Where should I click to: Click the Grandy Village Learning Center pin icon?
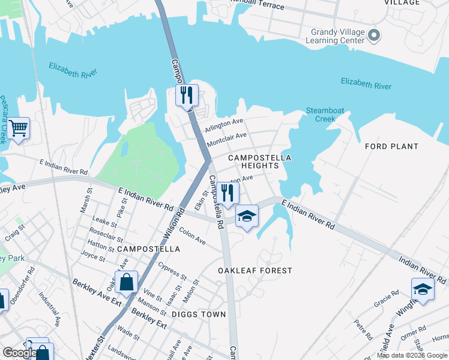coord(374,36)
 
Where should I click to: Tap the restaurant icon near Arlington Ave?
coord(187,95)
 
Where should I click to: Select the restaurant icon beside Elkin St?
coord(228,193)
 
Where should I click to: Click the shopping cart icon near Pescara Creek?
coord(18,128)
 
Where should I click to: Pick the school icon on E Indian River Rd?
coord(246,216)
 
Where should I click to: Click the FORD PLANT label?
coord(391,146)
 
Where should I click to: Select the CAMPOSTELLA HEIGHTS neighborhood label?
coord(259,161)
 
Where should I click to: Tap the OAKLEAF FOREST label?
coord(255,271)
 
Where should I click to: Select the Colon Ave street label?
coord(192,237)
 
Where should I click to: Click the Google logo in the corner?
coord(20,353)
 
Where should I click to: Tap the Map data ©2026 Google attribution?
coord(411,355)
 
